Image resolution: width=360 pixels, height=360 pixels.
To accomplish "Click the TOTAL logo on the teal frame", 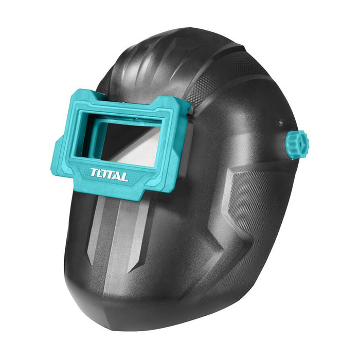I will (x=109, y=175).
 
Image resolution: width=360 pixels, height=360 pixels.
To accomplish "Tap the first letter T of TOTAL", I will (x=94, y=172).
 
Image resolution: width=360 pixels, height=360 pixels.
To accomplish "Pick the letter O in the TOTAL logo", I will (x=101, y=174).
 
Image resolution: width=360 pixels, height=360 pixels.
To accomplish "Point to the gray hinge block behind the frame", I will (x=188, y=149).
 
